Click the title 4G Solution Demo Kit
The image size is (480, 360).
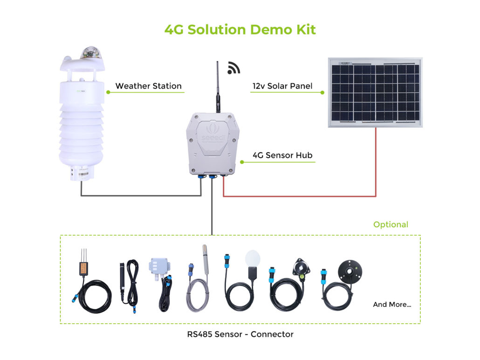(240, 29)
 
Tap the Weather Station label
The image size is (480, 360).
(148, 86)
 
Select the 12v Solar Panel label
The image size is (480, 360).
(282, 86)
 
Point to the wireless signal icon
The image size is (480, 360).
(233, 68)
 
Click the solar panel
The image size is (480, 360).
(375, 92)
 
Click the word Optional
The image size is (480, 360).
(391, 224)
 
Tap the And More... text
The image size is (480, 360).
(392, 305)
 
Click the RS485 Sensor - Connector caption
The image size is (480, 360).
(240, 334)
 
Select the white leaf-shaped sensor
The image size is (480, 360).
(252, 258)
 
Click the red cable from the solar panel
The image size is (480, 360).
(376, 163)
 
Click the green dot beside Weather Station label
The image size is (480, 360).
(108, 92)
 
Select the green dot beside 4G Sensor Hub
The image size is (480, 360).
(242, 162)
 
